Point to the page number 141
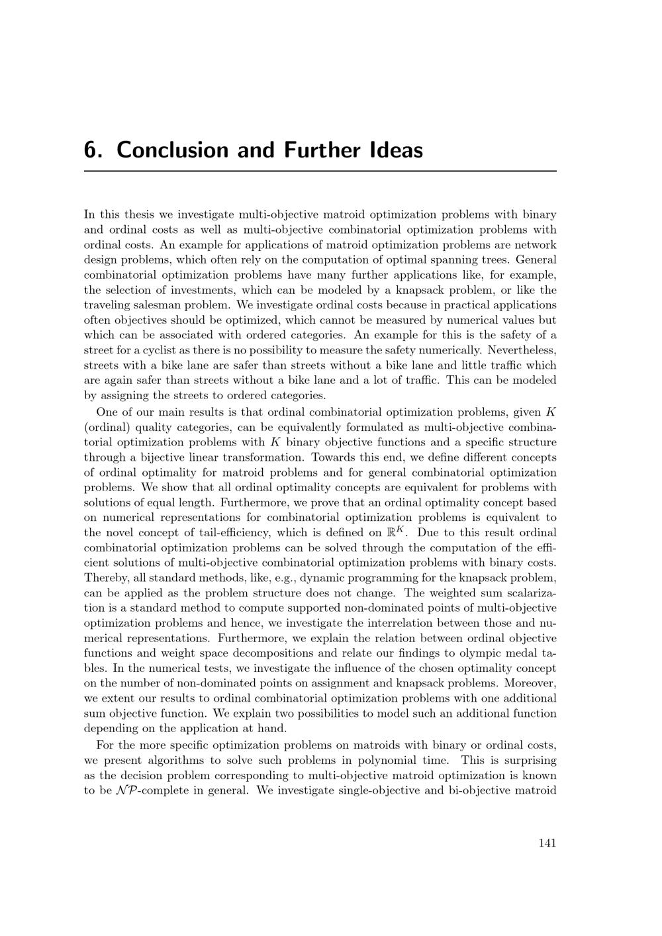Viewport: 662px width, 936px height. pos(547,843)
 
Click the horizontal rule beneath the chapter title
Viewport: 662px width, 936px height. pos(320,171)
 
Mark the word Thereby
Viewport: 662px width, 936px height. pos(105,578)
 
